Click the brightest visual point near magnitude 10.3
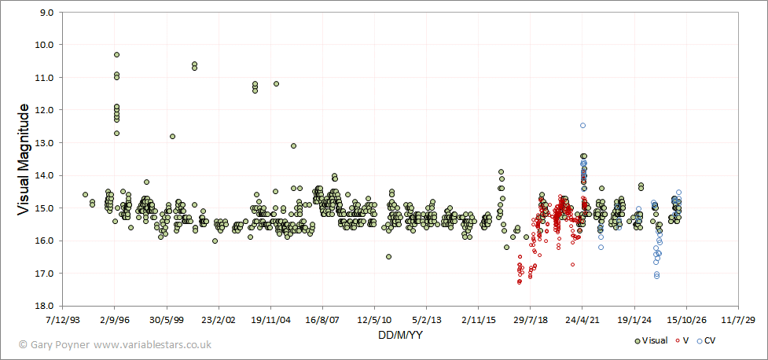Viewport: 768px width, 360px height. (116, 54)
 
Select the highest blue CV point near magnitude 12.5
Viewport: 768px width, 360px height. (582, 126)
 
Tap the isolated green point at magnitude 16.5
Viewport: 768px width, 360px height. (388, 257)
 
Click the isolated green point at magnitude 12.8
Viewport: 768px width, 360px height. (172, 136)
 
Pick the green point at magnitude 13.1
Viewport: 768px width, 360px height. (293, 145)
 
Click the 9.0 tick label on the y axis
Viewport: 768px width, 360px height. (48, 13)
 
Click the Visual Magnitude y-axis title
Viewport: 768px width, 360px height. (23, 160)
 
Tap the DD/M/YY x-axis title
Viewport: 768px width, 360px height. (401, 336)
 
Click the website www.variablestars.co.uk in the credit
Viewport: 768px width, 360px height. (152, 345)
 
